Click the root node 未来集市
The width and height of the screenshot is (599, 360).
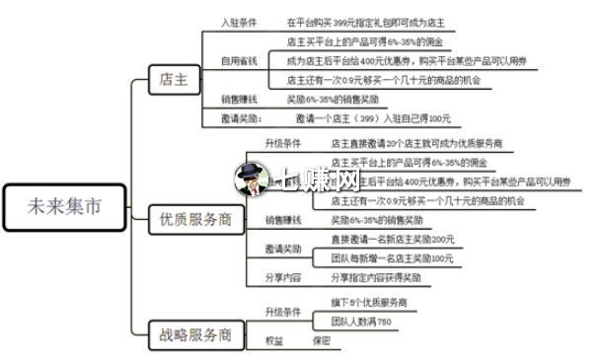click(65, 208)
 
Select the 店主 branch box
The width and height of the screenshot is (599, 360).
click(173, 81)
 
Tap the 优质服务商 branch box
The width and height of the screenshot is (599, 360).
click(195, 221)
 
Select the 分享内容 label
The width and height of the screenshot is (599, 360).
click(283, 278)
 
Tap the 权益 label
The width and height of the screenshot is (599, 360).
click(273, 340)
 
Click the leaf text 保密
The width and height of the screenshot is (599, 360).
click(322, 340)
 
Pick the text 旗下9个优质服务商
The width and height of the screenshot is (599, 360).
click(368, 303)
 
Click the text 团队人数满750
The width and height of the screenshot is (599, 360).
click(361, 322)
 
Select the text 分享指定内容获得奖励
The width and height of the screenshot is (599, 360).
click(375, 278)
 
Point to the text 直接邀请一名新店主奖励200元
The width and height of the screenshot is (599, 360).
click(392, 240)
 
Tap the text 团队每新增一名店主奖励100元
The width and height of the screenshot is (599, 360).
click(392, 258)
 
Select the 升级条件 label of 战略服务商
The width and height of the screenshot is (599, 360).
click(283, 312)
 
